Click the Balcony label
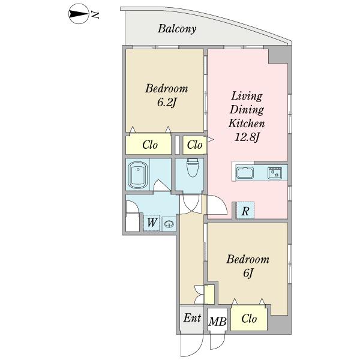[177, 29]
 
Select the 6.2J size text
[166, 103]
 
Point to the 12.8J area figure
[247, 137]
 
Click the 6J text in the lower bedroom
[248, 273]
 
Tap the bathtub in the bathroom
[138, 175]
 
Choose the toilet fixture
[193, 167]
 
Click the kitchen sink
[245, 173]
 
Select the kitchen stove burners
[275, 173]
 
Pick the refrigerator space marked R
[245, 211]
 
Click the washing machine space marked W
[152, 222]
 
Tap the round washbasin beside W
[169, 224]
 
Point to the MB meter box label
[217, 322]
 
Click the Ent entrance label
[192, 318]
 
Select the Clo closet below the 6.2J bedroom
[149, 145]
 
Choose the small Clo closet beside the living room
[195, 145]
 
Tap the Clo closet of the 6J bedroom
[249, 319]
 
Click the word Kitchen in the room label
[247, 123]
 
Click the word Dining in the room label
[247, 110]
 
